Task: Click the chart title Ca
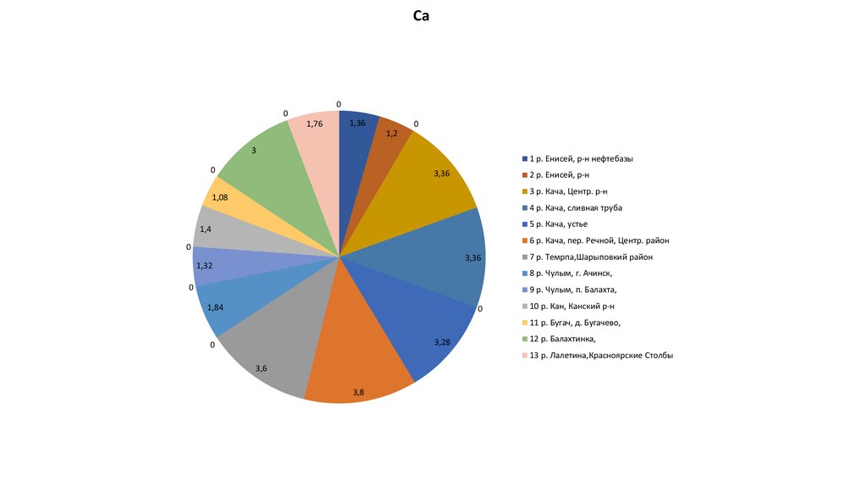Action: coord(421,16)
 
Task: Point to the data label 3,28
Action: coord(442,342)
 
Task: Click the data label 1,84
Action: coord(215,307)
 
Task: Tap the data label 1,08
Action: coord(219,197)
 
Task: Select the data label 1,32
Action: coord(204,266)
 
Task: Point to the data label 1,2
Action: coord(392,134)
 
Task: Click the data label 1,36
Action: coord(357,124)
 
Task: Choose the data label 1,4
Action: coord(207,230)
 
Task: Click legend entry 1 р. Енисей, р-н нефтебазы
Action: coord(581,158)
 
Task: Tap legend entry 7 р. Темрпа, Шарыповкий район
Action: coord(591,257)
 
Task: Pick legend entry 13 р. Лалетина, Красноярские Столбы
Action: coord(601,356)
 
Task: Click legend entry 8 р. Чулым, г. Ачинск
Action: coord(571,273)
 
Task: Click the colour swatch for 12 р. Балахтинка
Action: coord(524,340)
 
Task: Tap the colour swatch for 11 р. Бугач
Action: coord(524,323)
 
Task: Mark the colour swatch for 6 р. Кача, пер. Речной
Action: coord(524,240)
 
